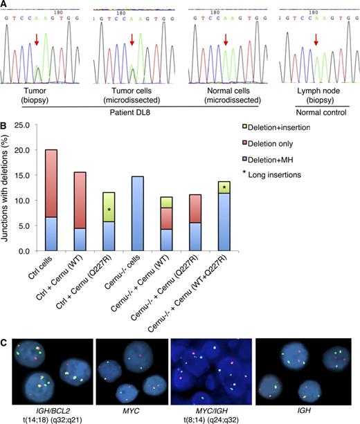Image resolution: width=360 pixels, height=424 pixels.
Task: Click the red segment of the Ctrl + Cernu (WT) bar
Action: (x=82, y=200)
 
